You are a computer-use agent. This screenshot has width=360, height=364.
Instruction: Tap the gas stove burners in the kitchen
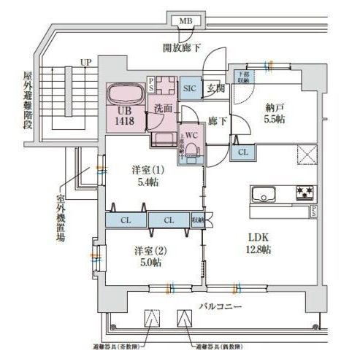305,193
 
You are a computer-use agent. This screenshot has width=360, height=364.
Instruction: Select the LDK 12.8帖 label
256,244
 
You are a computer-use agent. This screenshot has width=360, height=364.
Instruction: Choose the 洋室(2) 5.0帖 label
146,256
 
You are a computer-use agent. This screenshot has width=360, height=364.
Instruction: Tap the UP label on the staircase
85,62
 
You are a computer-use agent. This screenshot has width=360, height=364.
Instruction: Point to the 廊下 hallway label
216,120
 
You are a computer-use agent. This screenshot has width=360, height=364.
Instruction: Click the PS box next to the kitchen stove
313,212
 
